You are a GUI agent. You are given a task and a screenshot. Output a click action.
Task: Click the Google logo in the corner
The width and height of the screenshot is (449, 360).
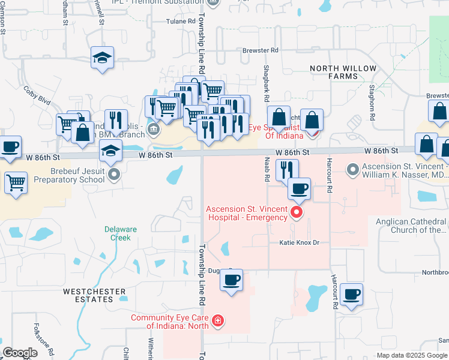(x=20, y=353)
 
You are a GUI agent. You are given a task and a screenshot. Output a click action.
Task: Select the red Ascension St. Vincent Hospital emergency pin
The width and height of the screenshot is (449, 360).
(x=295, y=212)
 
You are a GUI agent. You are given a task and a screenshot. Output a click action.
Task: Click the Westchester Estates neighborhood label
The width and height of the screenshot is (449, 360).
(x=95, y=296)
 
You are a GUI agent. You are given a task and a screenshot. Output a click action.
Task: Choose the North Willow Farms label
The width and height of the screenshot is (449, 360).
(x=343, y=72)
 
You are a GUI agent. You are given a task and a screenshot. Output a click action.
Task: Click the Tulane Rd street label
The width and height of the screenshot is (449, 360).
(x=182, y=21)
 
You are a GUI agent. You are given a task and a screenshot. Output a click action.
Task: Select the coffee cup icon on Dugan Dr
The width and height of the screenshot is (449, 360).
(x=231, y=280)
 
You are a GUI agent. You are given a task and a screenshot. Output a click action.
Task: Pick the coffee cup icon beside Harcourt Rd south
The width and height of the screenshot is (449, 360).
(x=351, y=295)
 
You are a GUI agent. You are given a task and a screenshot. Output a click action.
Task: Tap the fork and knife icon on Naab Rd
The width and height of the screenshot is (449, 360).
(x=287, y=170)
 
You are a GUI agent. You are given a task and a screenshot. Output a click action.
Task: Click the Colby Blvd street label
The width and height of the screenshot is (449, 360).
(x=37, y=95)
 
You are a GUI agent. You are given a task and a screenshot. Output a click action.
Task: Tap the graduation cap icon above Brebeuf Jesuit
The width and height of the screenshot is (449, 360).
(x=111, y=153)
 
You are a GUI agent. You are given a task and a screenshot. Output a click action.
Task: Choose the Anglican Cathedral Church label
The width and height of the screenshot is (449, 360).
(x=418, y=225)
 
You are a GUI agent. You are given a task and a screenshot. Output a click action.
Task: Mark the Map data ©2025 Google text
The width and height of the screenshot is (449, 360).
(x=412, y=355)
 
